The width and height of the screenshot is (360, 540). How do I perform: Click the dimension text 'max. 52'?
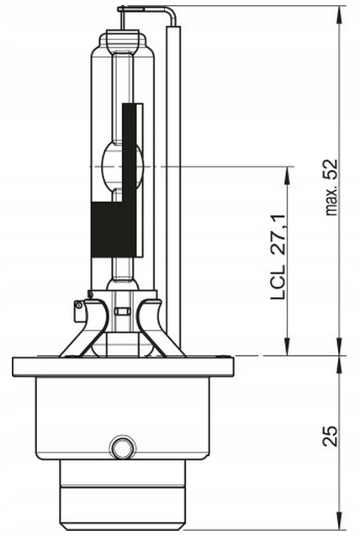click(332, 188)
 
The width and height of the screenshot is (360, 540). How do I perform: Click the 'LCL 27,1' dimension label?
click(278, 257)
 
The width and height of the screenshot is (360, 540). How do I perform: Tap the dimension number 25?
click(330, 437)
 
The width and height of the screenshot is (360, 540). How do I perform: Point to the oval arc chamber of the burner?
click(122, 167)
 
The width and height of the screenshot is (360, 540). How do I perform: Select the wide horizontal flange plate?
click(123, 367)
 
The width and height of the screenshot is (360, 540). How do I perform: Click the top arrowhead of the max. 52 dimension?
click(339, 14)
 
